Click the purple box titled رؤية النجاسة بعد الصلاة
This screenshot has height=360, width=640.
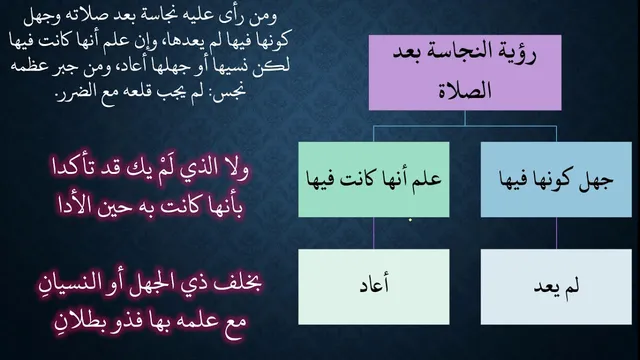[x=465, y=72]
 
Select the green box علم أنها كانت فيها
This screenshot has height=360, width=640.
[x=374, y=180]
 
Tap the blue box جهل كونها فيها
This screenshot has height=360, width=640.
[x=556, y=180]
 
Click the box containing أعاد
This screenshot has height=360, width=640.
[x=374, y=287]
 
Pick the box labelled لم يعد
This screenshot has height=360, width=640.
[x=556, y=287]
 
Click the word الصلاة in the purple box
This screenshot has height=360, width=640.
[x=465, y=90]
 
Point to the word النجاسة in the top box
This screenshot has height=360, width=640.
[x=472, y=53]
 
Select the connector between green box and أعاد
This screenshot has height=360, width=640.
[x=373, y=233]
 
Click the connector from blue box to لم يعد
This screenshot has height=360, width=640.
[x=556, y=233]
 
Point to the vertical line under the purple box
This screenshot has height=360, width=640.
[x=465, y=118]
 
